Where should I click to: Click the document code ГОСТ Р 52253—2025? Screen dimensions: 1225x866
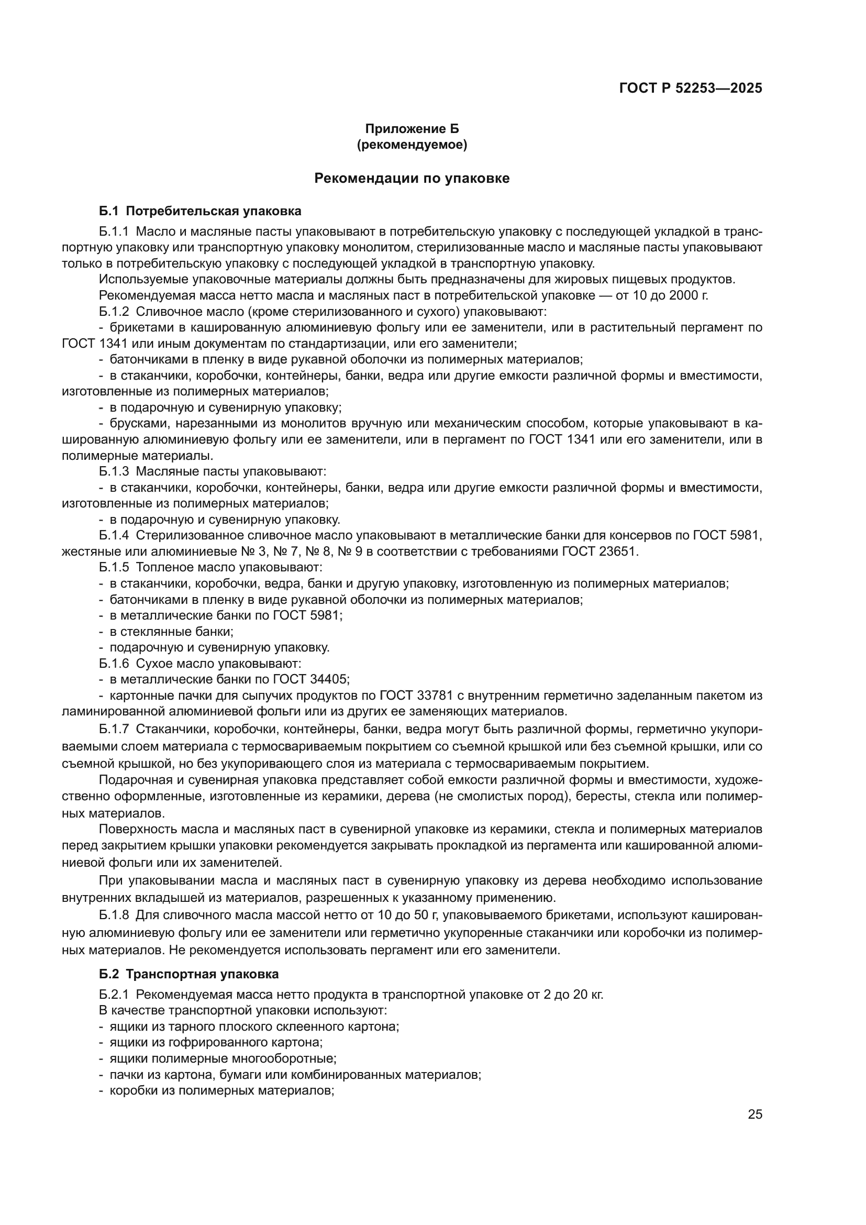pyautogui.click(x=691, y=88)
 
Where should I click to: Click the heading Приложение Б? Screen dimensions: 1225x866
pyautogui.click(x=412, y=129)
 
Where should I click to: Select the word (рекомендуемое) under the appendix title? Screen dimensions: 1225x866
pyautogui.click(x=412, y=145)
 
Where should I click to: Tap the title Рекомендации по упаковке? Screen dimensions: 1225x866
pyautogui.click(x=412, y=178)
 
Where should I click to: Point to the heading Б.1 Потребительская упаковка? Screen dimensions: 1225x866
pyautogui.click(x=200, y=211)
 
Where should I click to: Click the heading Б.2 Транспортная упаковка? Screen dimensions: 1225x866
pyautogui.click(x=189, y=974)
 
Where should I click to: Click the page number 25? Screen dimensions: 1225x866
pyautogui.click(x=755, y=1114)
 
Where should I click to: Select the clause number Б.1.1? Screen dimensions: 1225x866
pyautogui.click(x=114, y=231)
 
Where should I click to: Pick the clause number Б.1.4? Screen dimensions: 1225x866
pyautogui.click(x=114, y=535)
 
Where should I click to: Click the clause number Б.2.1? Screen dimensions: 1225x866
pyautogui.click(x=114, y=995)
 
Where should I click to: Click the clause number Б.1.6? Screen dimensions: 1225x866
pyautogui.click(x=114, y=663)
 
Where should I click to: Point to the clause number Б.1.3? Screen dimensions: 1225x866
pyautogui.click(x=114, y=472)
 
